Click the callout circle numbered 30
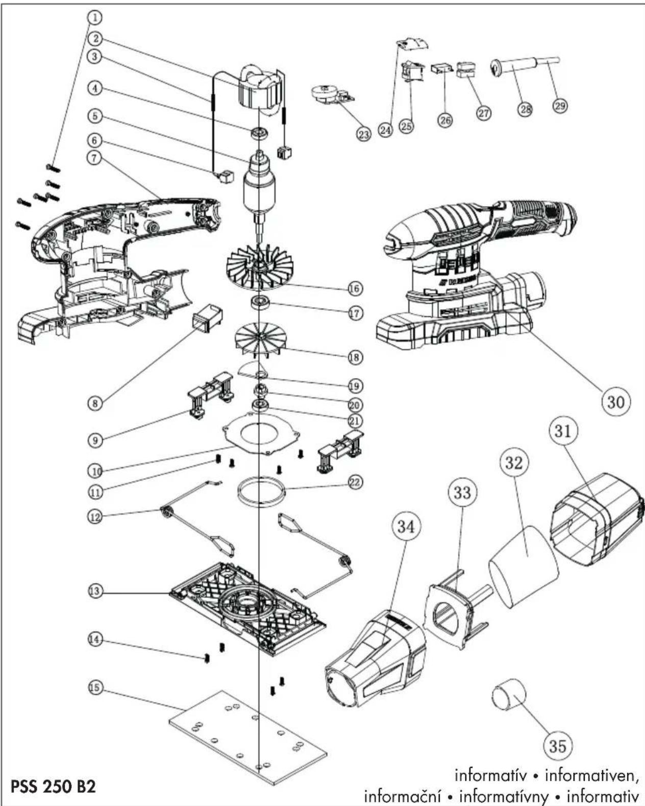pyautogui.click(x=615, y=402)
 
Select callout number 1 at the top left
pyautogui.click(x=95, y=17)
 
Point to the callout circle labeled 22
pyautogui.click(x=355, y=482)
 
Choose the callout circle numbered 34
pyautogui.click(x=406, y=527)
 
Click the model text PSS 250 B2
pyautogui.click(x=53, y=786)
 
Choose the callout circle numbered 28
pyautogui.click(x=526, y=109)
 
